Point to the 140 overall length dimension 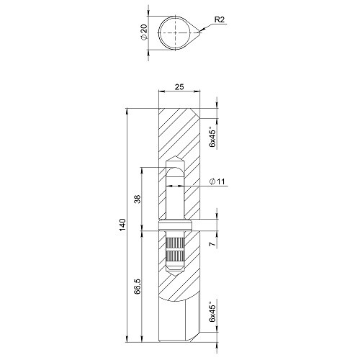click(x=123, y=225)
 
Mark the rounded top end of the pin click(x=176, y=171)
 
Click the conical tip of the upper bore click(x=176, y=160)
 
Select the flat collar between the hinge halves click(x=176, y=230)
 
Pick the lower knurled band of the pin click(x=176, y=256)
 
